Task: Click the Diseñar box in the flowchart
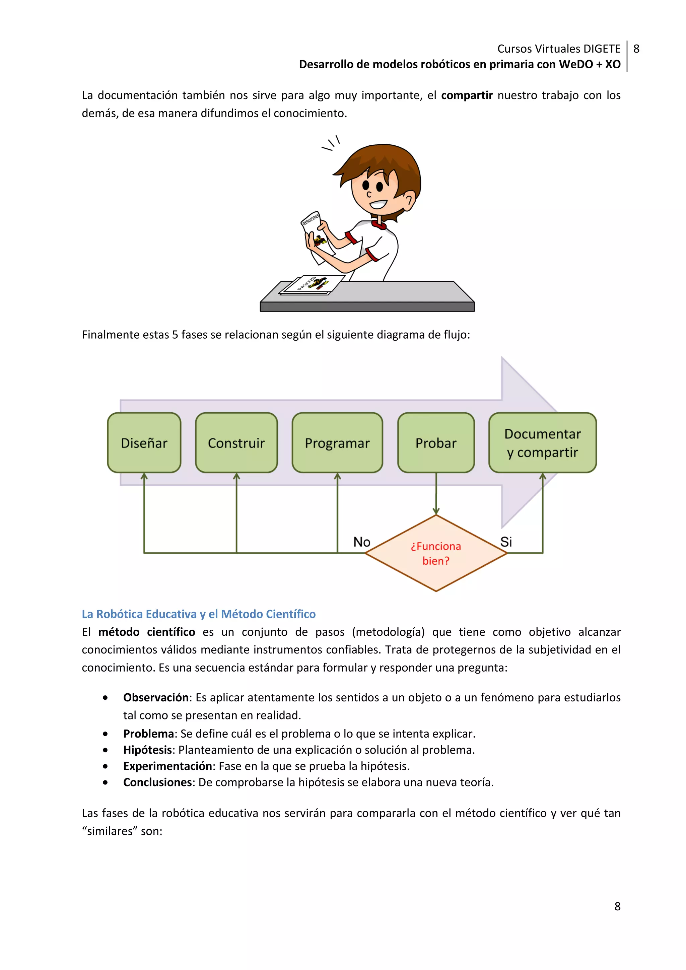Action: tap(144, 443)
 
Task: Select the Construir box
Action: tap(236, 443)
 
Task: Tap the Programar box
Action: tap(337, 443)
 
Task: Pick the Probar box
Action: tap(436, 443)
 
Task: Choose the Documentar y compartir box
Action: tap(542, 443)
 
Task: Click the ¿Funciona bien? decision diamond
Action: tap(436, 553)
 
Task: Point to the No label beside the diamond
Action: tap(361, 542)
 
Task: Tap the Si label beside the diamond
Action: tap(506, 542)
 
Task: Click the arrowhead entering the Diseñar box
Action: tap(144, 476)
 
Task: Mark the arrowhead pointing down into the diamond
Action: tap(436, 511)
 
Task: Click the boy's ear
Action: tap(408, 200)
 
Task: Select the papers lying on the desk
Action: tap(312, 285)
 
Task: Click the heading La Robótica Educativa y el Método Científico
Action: tap(199, 614)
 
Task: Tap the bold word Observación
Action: tap(155, 697)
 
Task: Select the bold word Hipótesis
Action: tap(147, 750)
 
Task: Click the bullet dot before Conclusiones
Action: tap(105, 783)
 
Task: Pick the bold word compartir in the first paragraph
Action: tap(467, 95)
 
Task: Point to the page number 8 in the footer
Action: tap(617, 907)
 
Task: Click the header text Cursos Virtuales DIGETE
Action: tap(558, 49)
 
